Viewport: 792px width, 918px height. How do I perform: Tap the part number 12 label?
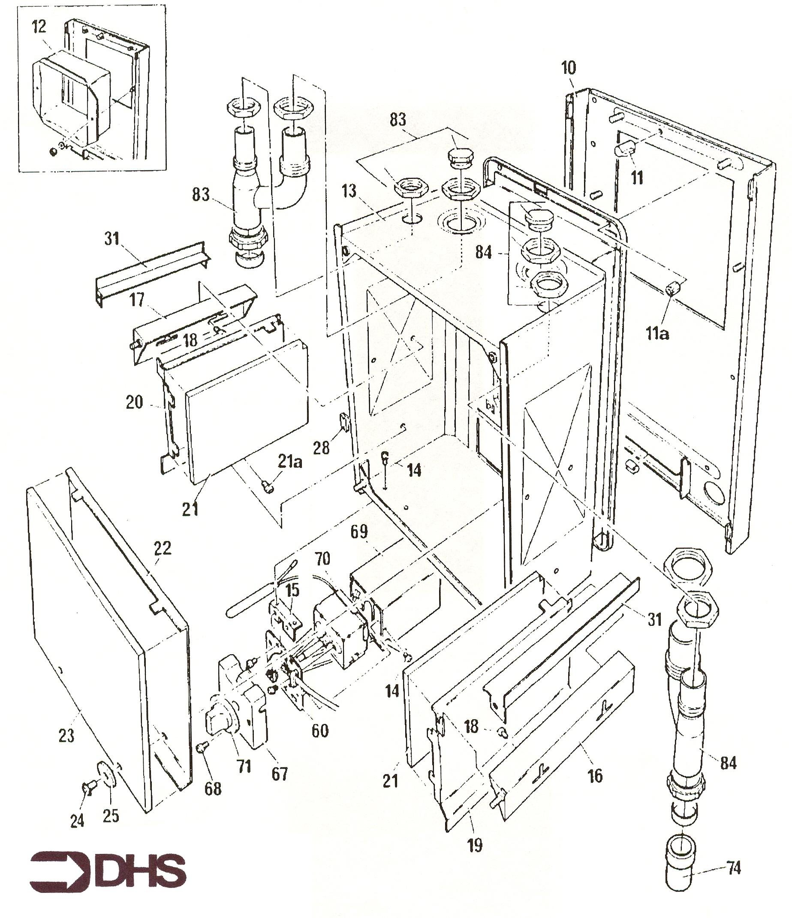(39, 27)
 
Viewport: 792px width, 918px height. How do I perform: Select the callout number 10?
(568, 68)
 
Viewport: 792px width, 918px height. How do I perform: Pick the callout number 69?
(359, 531)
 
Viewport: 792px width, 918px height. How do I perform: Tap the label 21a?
(290, 462)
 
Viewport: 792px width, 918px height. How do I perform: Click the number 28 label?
(321, 448)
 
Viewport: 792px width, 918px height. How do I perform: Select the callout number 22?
(162, 549)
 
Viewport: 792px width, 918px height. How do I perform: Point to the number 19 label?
(474, 846)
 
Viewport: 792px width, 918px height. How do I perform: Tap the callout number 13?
(349, 191)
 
